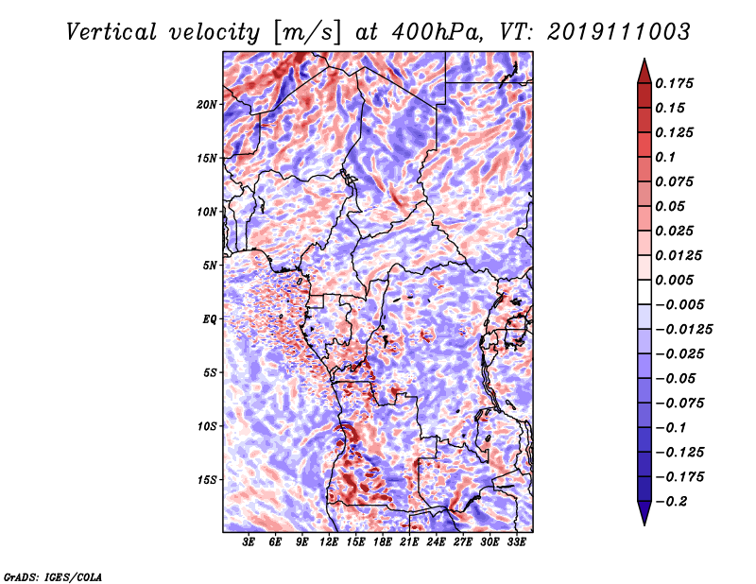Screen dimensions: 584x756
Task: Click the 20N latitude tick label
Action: (x=207, y=104)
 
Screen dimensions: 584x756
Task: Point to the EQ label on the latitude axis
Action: (x=210, y=319)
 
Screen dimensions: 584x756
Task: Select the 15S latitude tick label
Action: (x=207, y=480)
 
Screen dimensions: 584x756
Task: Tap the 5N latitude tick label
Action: (x=210, y=266)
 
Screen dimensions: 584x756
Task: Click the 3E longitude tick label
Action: (x=249, y=543)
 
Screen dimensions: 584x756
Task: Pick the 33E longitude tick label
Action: (x=517, y=543)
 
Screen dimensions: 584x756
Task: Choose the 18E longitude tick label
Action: (x=383, y=543)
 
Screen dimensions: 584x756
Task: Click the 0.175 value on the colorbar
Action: (x=677, y=83)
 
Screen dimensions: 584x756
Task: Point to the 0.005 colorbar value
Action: (x=677, y=280)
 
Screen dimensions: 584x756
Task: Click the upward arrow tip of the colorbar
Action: (x=643, y=61)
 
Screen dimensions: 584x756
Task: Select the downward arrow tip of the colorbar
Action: (x=643, y=522)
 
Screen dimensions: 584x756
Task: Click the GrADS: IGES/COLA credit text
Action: (x=53, y=575)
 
